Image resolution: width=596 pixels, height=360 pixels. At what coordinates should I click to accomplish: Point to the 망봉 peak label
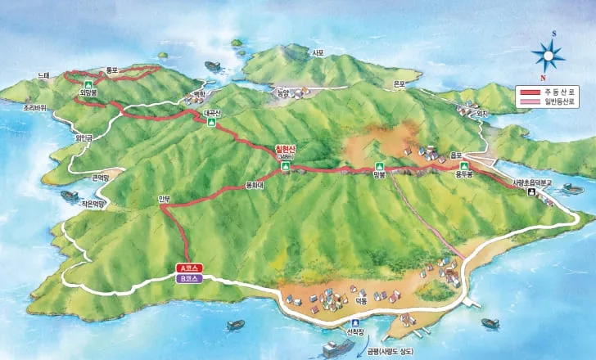pyautogui.click(x=377, y=174)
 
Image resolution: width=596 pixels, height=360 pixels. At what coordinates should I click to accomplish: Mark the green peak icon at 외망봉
pyautogui.click(x=88, y=84)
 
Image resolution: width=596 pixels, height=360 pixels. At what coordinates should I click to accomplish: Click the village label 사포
pyautogui.click(x=318, y=52)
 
